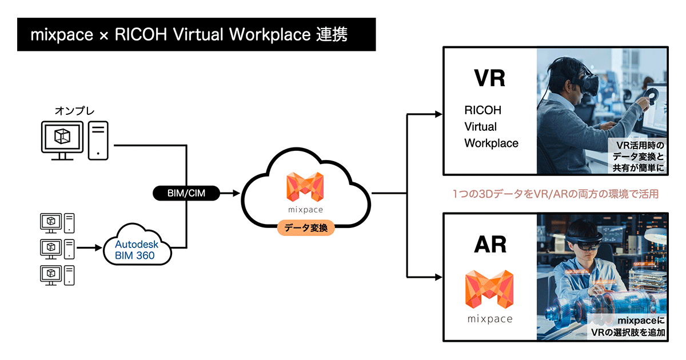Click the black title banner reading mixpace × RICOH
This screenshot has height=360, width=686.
[196, 34]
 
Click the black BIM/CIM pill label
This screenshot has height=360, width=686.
[186, 194]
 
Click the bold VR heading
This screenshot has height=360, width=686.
[490, 78]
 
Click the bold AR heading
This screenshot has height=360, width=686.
[490, 244]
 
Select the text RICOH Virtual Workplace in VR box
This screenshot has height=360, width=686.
[491, 126]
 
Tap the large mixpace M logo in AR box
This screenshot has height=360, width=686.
[489, 289]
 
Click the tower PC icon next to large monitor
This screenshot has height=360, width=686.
[99, 139]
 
